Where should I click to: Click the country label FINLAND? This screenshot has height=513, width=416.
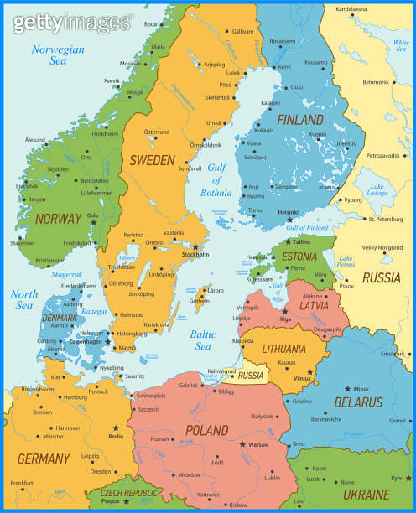[x=300, y=120]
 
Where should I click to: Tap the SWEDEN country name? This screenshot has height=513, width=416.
[x=152, y=159]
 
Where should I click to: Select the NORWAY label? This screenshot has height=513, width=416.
[x=59, y=219]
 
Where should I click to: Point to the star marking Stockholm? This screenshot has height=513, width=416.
[x=195, y=247]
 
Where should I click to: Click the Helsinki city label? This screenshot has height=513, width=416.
[x=288, y=211]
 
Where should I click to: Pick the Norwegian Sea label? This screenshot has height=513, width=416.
[x=58, y=54]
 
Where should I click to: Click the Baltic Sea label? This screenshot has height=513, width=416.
[x=203, y=340]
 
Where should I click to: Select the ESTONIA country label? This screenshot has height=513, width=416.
[x=299, y=256]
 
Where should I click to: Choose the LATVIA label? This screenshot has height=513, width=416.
[x=313, y=305]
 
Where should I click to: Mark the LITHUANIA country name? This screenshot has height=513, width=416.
[x=283, y=349]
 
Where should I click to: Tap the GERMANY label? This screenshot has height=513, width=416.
[x=43, y=459]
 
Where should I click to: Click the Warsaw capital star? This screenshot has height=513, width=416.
[x=242, y=443]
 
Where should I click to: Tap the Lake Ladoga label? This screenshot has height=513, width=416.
[x=376, y=189]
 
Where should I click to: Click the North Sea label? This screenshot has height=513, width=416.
[x=24, y=299]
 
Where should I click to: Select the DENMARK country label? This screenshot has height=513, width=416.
[x=60, y=319]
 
